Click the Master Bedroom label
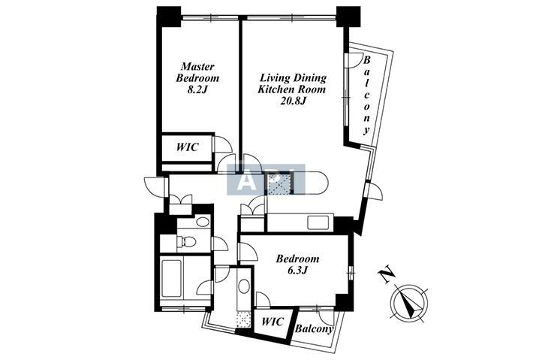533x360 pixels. pos(197,72)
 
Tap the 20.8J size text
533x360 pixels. pos(293,101)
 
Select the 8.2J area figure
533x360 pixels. pos(197,90)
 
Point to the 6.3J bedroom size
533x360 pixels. pos(297,271)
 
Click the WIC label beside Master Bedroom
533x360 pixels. pos(187,147)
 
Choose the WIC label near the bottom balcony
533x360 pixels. pos(273,321)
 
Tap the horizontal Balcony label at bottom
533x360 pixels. pos(314,328)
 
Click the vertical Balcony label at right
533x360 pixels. pos(366,95)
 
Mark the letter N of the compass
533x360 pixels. pos(387,275)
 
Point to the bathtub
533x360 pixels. pos(172,279)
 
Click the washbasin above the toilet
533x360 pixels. pos(203,222)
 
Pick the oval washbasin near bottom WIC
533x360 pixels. pos(244,286)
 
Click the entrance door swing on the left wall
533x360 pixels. pos(155,187)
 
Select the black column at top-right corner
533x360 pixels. pos(348,17)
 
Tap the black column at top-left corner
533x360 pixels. pos(169,17)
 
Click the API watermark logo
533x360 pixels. pos(266,180)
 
